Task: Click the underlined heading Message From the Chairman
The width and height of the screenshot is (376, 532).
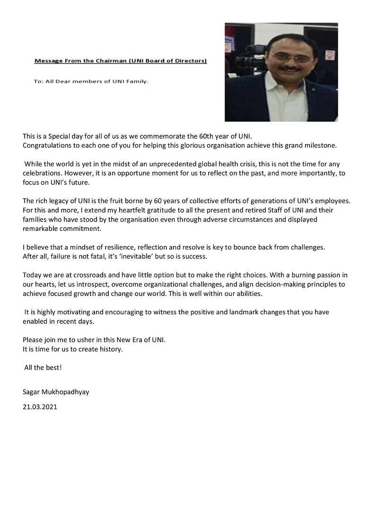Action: coord(121,61)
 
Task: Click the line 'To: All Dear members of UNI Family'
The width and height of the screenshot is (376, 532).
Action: coord(91,81)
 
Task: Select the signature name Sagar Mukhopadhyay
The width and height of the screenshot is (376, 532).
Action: coord(55,391)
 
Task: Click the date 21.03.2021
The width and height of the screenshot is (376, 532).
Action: coord(40,406)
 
